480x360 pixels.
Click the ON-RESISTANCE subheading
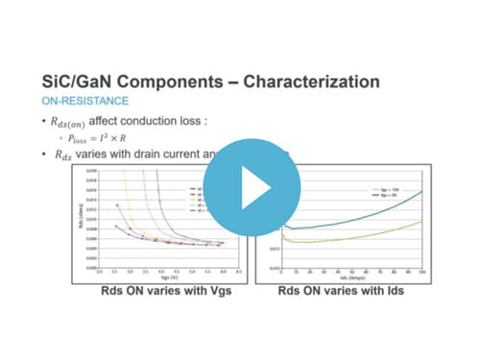[x=85, y=101]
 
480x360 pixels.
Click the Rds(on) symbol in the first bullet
[x=81, y=122]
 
